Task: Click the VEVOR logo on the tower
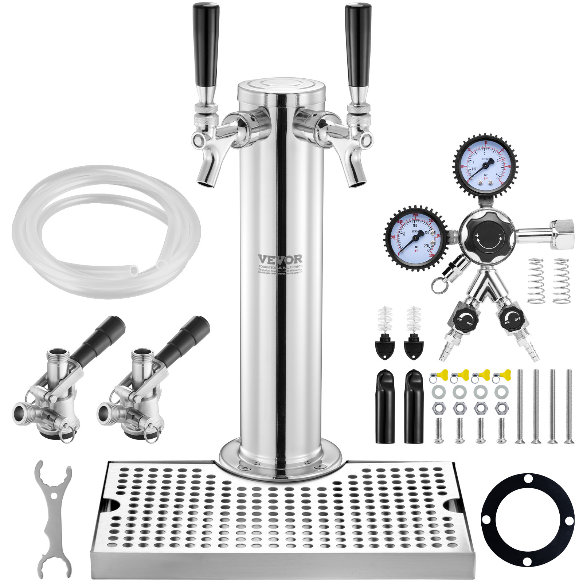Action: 280,259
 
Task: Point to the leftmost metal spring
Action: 536,281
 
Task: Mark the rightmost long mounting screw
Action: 569,406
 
